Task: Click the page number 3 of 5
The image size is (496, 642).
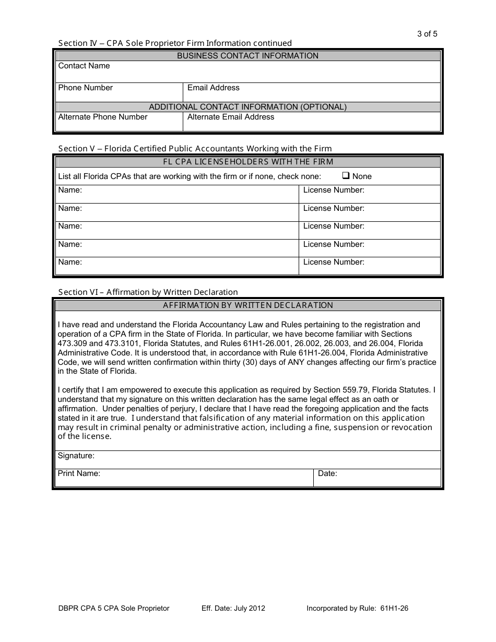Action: (x=427, y=34)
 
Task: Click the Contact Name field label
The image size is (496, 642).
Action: (x=84, y=66)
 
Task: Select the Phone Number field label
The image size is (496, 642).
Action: (x=85, y=88)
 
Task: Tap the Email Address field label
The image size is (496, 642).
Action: (x=213, y=88)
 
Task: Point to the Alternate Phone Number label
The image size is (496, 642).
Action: (x=103, y=117)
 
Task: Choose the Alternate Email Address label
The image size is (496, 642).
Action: (x=230, y=117)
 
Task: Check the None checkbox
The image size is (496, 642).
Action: (x=346, y=176)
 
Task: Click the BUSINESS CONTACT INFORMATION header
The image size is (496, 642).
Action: (x=247, y=56)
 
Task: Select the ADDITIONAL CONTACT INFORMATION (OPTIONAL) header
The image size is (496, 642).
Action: (x=247, y=107)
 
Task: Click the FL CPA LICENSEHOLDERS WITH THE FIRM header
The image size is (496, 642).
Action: (x=247, y=162)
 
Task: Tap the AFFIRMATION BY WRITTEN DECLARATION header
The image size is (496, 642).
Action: (x=247, y=305)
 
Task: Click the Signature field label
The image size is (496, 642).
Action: (x=76, y=456)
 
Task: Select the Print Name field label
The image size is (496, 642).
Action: (x=79, y=473)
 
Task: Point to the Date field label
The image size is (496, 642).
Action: (x=327, y=473)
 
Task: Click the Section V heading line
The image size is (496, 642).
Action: (x=195, y=149)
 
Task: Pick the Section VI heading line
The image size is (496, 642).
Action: (x=148, y=292)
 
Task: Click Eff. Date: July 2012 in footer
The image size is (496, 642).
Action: (x=233, y=608)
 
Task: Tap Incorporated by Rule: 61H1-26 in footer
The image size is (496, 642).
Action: (x=361, y=608)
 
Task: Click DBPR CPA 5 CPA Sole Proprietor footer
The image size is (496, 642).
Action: (x=114, y=608)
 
